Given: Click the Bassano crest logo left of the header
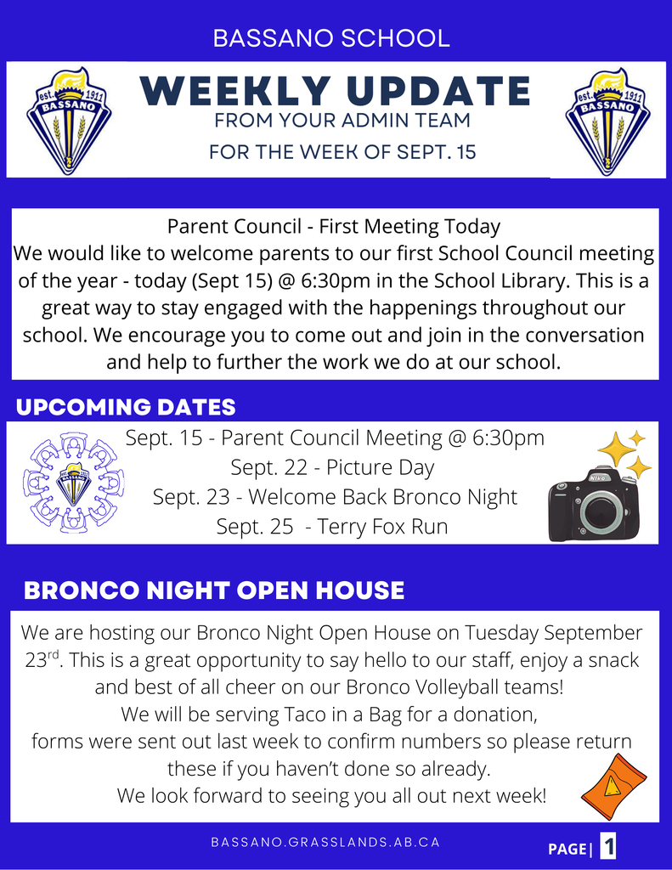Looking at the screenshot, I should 69,120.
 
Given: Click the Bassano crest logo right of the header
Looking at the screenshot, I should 607,120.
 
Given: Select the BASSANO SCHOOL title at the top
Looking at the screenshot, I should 331,38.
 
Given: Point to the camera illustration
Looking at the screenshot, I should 593,503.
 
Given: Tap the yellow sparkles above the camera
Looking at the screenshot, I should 624,453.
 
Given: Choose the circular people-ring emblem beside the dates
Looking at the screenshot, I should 74,483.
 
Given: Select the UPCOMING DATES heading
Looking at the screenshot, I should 126,407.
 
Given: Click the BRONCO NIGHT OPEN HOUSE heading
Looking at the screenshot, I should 214,590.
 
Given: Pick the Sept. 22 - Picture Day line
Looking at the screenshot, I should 332,467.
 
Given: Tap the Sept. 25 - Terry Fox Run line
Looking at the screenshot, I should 332,527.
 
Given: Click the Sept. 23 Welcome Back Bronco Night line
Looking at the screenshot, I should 335,497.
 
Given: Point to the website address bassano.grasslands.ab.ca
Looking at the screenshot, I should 325,842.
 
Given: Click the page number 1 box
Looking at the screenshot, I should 608,846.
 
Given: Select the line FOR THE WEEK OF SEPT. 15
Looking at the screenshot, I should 342,153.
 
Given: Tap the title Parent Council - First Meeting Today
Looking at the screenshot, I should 334,227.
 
